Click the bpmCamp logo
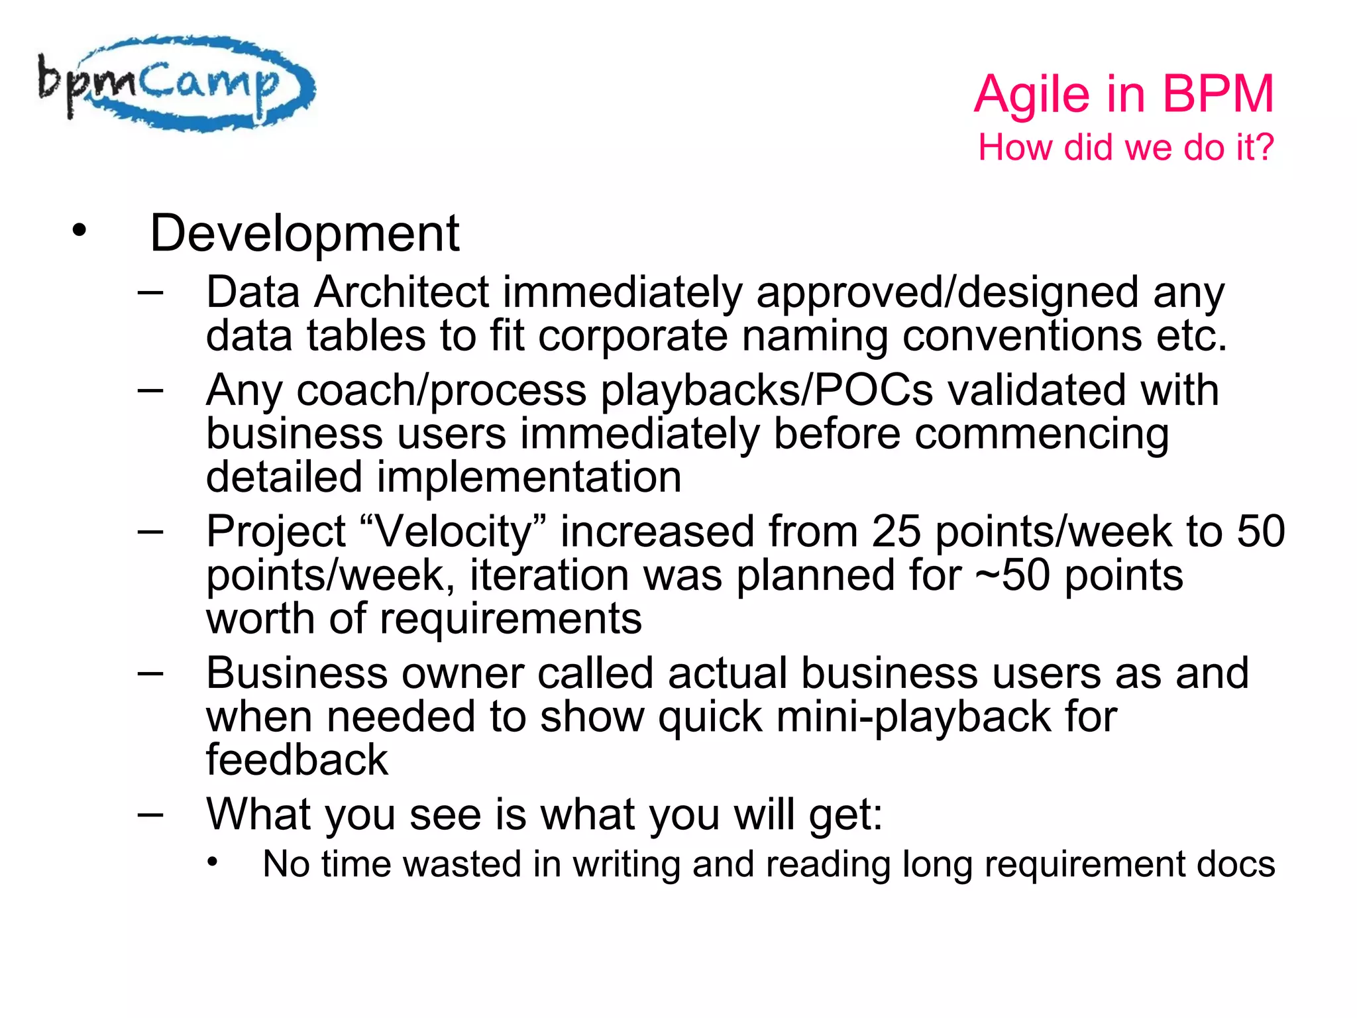176,83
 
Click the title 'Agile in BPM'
1124,94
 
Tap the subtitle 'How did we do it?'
1126,147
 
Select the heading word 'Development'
304,233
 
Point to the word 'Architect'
402,292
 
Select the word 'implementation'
529,477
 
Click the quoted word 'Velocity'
454,532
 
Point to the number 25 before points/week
896,532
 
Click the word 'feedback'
297,760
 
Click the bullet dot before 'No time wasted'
212,862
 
